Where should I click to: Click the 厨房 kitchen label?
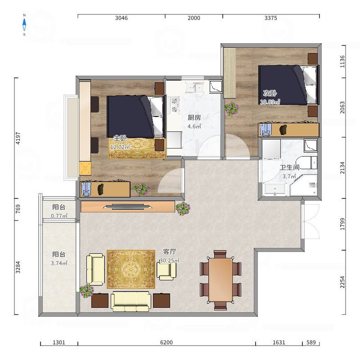(x=194, y=117)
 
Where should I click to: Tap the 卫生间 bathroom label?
(x=290, y=167)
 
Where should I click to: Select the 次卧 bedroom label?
(x=270, y=93)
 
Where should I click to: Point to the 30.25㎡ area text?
(x=170, y=261)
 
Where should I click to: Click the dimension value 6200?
(x=166, y=342)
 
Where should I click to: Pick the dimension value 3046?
(x=121, y=18)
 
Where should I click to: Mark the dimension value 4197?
(x=18, y=138)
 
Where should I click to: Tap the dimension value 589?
(x=311, y=342)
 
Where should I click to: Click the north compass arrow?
(x=24, y=25)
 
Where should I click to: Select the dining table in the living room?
(x=220, y=280)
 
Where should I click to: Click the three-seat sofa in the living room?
(x=131, y=301)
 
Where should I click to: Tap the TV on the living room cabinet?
(x=127, y=207)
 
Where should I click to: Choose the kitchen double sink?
(x=195, y=87)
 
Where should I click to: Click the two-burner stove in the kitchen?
(x=175, y=105)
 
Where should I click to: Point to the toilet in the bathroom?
(x=306, y=162)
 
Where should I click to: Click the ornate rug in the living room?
(x=131, y=269)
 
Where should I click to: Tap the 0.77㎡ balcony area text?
(x=59, y=216)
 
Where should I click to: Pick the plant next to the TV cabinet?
(x=183, y=208)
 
